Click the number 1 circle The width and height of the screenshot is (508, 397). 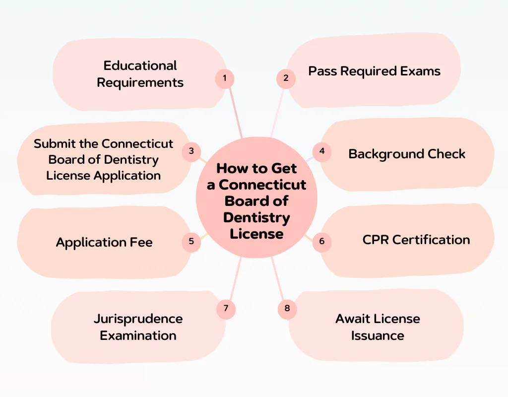(225, 78)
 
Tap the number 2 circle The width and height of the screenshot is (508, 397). (286, 78)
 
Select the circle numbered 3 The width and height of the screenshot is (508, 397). (191, 151)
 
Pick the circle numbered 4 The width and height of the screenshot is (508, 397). (322, 151)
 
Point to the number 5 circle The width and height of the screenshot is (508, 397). (191, 242)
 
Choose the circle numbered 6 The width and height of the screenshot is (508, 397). (322, 242)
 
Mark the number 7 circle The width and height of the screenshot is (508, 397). (226, 309)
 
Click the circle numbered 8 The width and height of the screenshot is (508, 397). (287, 309)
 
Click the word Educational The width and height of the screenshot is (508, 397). (140, 66)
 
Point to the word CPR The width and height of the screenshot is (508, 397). (376, 240)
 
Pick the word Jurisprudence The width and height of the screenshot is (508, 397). (138, 319)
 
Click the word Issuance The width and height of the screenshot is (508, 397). (378, 335)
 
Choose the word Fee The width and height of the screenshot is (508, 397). (141, 243)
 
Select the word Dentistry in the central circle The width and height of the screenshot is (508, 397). (256, 217)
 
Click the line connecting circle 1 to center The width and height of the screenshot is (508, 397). (236, 114)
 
